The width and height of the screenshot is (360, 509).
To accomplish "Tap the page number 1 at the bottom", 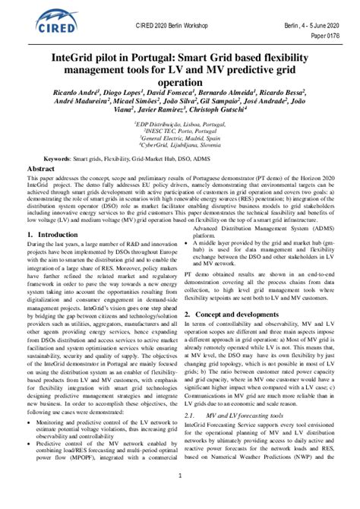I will (179, 498).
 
